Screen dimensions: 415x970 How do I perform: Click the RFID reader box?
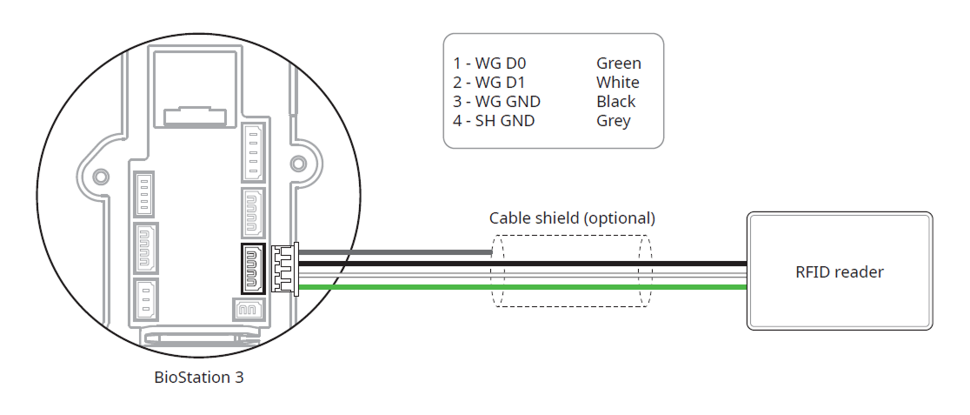click(840, 271)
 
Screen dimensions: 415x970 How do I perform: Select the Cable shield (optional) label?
click(572, 218)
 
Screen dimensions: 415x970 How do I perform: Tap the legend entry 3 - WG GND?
click(496, 102)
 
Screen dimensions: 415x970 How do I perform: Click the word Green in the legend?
click(619, 64)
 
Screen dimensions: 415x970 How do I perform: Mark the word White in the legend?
click(618, 83)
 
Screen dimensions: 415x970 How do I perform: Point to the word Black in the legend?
click(616, 102)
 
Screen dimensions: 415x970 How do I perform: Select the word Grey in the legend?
click(614, 121)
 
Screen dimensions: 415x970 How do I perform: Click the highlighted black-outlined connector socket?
click(253, 270)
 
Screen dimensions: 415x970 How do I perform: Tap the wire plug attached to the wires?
click(284, 269)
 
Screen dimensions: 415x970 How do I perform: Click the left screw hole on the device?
click(102, 176)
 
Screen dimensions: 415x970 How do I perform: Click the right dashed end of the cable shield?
click(645, 270)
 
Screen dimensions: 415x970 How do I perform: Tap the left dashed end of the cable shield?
click(496, 270)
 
